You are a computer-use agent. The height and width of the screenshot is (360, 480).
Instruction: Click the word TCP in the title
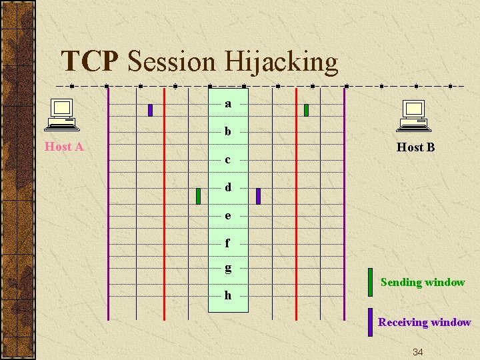tap(89, 62)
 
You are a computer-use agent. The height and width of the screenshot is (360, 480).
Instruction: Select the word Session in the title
tap(171, 62)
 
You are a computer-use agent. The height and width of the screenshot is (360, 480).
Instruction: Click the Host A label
tap(64, 147)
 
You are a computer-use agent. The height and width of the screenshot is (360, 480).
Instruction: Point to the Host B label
tap(415, 147)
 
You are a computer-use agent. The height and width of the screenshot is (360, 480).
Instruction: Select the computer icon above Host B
tap(415, 115)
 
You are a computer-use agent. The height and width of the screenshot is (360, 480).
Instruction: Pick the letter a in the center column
tap(228, 103)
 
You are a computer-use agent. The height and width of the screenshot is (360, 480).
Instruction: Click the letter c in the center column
tap(228, 159)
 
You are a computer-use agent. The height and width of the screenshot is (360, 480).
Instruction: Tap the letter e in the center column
tap(228, 215)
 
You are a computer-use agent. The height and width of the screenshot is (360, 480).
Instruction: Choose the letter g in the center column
tap(228, 268)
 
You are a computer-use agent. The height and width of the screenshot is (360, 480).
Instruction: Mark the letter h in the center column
tap(228, 295)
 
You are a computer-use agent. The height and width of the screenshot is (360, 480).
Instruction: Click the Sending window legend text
tap(423, 282)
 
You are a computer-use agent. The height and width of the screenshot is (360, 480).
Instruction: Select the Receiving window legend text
tap(425, 322)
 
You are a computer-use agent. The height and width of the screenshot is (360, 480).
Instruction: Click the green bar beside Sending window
tap(370, 282)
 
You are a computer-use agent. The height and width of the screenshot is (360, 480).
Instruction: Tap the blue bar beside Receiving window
tap(370, 322)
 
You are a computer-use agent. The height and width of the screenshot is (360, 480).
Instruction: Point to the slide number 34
tap(418, 351)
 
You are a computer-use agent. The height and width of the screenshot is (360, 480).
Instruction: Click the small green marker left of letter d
tap(199, 196)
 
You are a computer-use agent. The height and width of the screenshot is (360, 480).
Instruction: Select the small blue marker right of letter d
tap(259, 196)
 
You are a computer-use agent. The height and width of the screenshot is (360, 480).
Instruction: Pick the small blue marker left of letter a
tap(150, 110)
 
